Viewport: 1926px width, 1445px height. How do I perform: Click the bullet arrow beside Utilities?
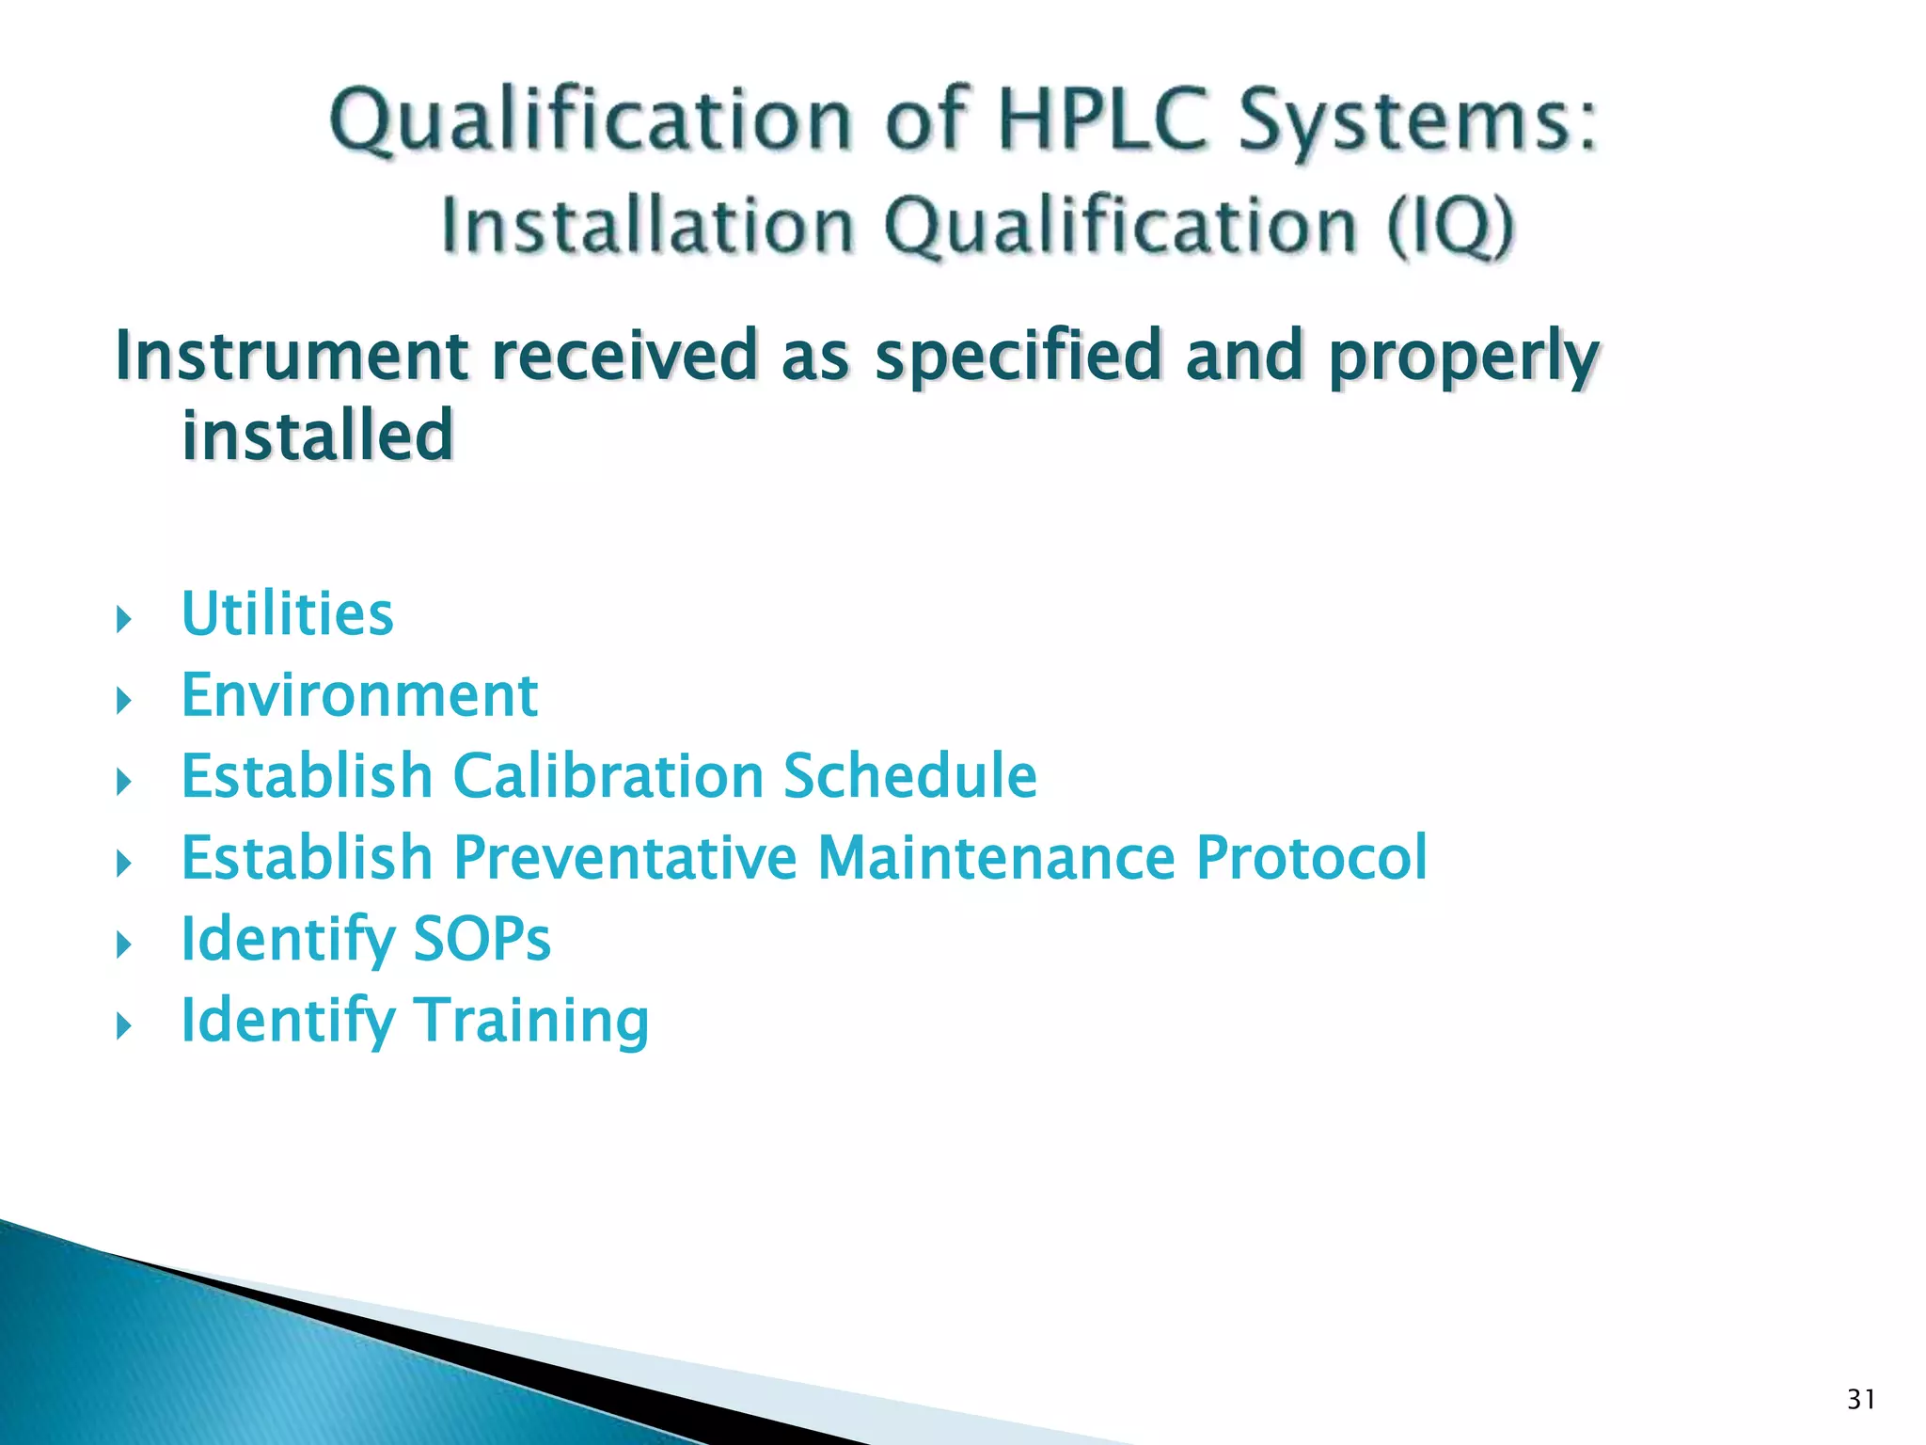(x=123, y=620)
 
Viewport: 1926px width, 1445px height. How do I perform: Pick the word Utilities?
(x=287, y=614)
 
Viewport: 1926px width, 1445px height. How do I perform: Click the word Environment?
(x=359, y=696)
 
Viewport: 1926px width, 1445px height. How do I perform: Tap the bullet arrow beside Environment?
(x=123, y=701)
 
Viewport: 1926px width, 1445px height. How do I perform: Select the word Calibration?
(x=608, y=777)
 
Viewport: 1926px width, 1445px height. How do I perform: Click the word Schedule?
(x=909, y=777)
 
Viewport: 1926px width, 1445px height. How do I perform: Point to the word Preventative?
(x=624, y=858)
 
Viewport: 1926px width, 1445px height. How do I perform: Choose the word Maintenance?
(x=996, y=858)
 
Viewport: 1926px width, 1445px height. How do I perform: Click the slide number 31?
(x=1861, y=1400)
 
